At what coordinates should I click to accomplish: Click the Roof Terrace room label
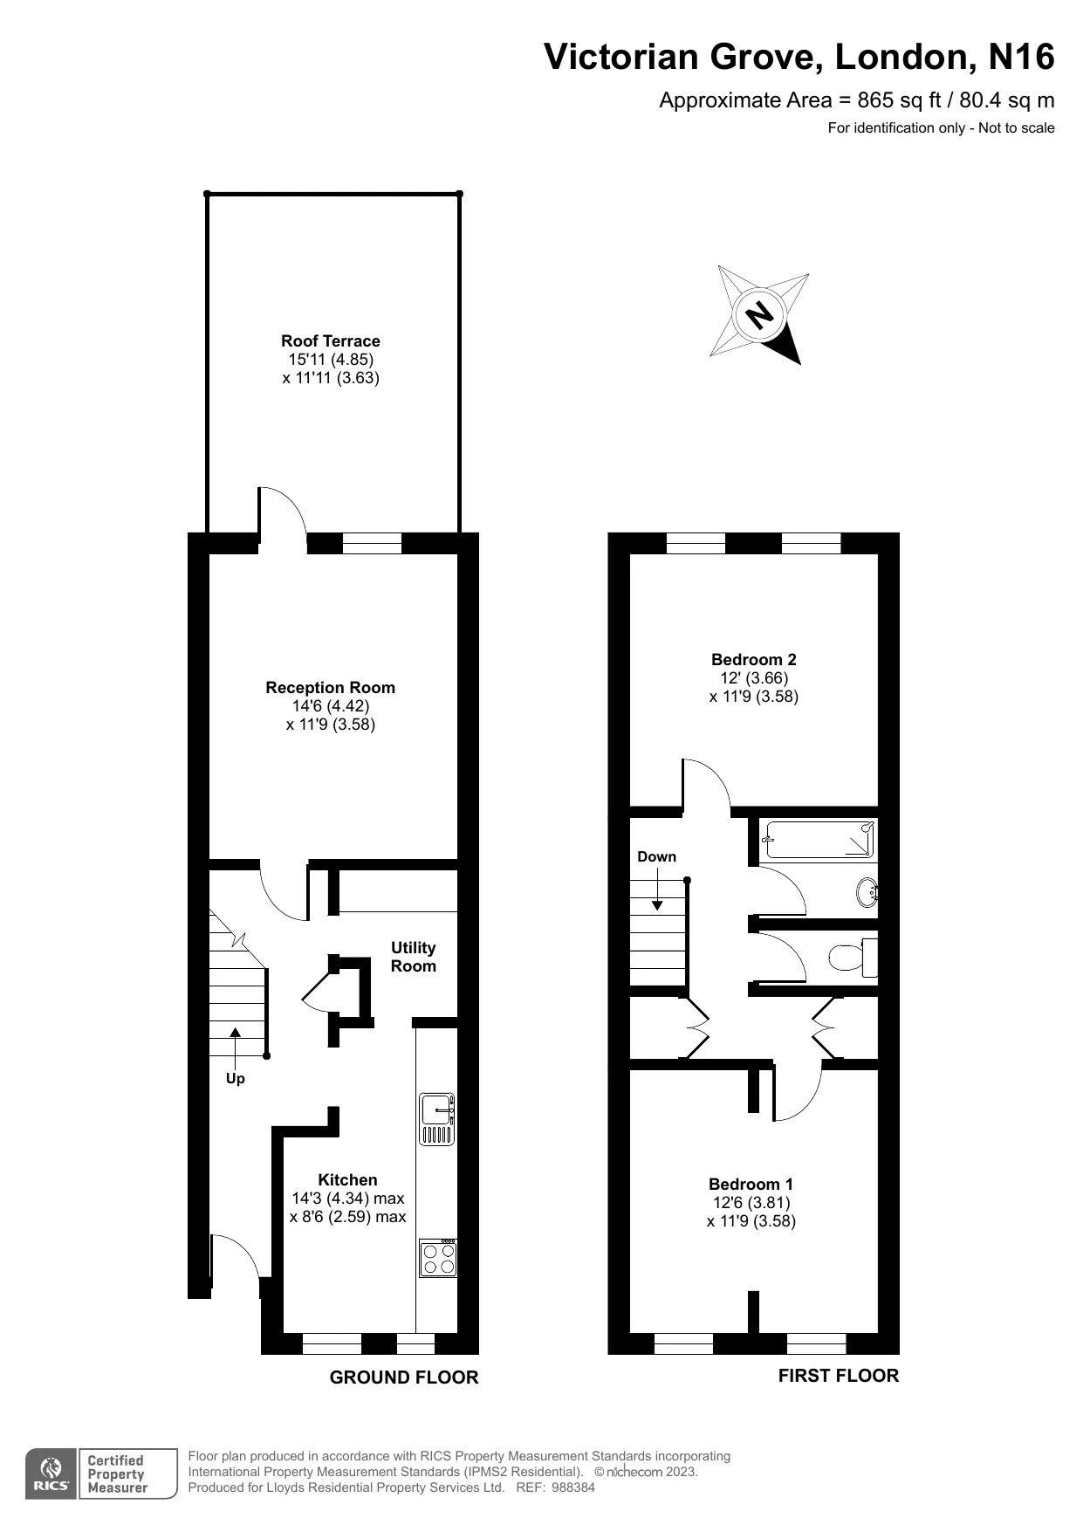(330, 341)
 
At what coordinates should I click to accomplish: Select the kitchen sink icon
(437, 1118)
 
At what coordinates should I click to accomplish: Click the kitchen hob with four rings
(437, 1258)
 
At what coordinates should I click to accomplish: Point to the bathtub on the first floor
(818, 841)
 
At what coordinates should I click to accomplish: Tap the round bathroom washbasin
(867, 893)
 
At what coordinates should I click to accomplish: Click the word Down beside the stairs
(656, 857)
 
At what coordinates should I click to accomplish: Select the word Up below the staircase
(235, 1079)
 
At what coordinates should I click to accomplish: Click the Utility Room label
(413, 957)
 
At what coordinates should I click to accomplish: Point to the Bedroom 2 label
(753, 660)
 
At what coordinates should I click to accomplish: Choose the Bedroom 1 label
(751, 1185)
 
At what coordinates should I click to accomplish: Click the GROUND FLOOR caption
(403, 1377)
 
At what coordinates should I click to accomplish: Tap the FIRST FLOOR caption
(838, 1376)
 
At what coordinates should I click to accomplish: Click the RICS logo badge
(50, 1474)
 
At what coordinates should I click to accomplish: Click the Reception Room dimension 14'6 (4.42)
(330, 706)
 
